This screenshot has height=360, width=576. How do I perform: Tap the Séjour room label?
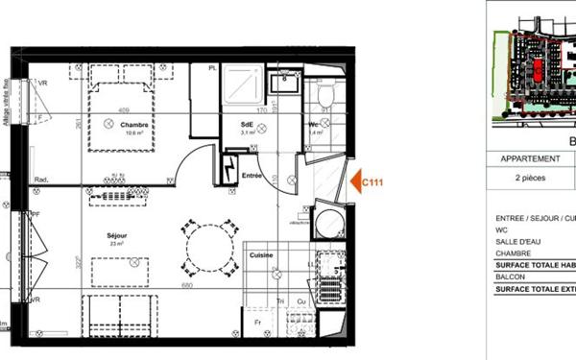(x=118, y=233)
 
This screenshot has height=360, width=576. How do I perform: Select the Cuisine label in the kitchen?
(x=262, y=256)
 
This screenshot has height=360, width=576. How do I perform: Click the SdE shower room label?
(x=247, y=125)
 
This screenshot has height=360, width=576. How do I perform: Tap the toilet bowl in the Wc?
(x=324, y=94)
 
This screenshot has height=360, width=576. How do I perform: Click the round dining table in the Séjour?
(x=209, y=248)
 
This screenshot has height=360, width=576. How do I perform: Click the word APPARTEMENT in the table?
(x=530, y=159)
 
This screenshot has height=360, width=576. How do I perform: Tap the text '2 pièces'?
(x=529, y=179)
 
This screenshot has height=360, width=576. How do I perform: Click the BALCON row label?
(x=512, y=276)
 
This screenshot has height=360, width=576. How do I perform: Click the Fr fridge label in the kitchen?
(x=258, y=322)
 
